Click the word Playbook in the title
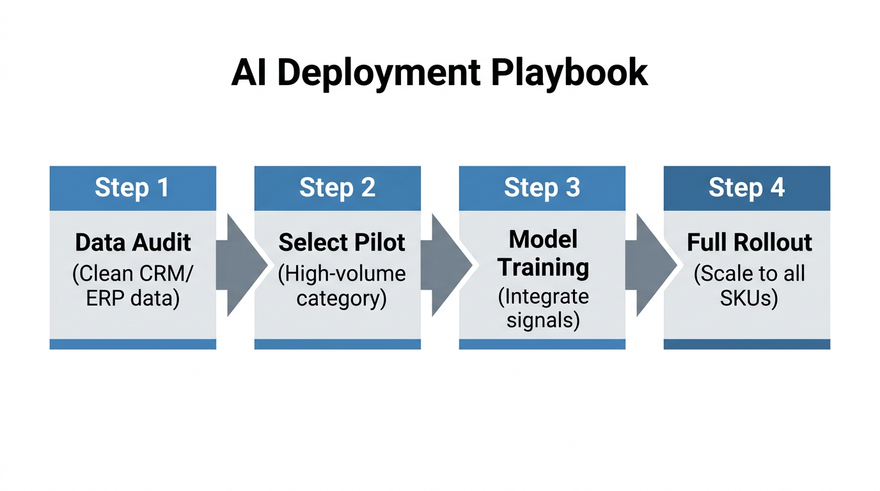(569, 72)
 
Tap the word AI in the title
(246, 72)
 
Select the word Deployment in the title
(378, 72)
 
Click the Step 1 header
(132, 188)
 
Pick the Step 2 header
(337, 188)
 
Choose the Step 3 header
(542, 188)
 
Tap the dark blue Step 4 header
(746, 188)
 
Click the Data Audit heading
(132, 243)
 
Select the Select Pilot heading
(342, 243)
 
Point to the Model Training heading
(543, 253)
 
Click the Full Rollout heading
(750, 243)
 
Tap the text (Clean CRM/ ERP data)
(132, 286)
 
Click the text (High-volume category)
(342, 286)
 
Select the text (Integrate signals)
(543, 308)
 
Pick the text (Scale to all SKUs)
(749, 286)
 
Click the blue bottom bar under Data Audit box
(132, 345)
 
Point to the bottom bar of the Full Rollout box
(746, 345)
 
